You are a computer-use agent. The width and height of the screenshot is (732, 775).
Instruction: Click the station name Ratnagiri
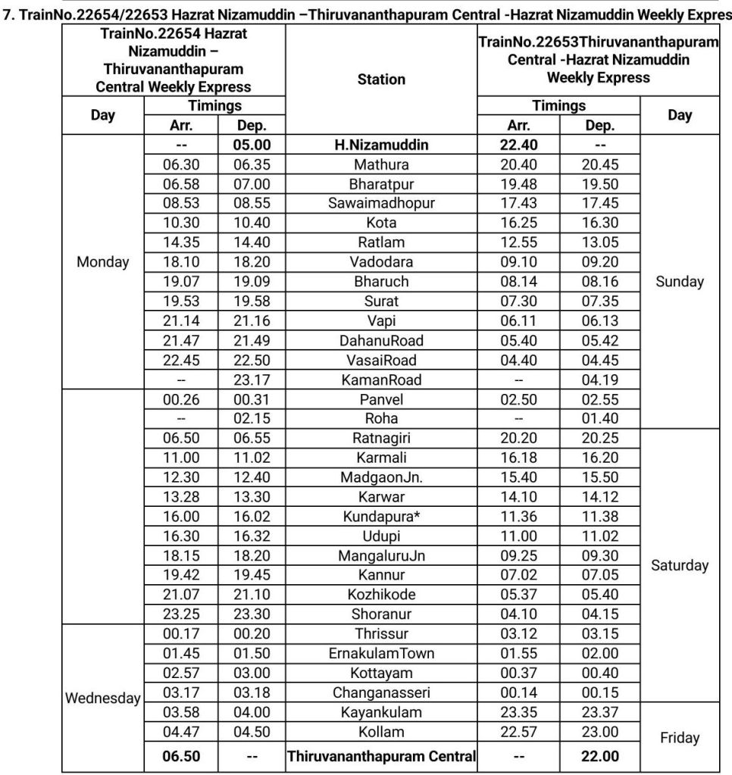[380, 438]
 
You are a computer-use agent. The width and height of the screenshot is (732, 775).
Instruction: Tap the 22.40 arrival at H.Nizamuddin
[518, 145]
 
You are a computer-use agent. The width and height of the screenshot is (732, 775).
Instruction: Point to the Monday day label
[103, 262]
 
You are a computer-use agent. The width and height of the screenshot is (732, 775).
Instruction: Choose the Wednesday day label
[103, 698]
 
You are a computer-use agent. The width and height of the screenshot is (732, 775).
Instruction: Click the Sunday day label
[680, 282]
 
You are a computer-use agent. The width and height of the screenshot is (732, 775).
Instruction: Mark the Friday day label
[680, 737]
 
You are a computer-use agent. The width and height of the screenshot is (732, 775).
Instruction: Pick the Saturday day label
[680, 565]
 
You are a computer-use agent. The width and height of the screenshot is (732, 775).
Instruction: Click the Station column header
[380, 79]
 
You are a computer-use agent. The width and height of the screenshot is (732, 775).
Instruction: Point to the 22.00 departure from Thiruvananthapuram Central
[599, 756]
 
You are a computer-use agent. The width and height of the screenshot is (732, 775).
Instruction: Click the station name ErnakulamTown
[380, 653]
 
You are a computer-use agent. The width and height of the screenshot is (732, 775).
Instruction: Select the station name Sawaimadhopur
[380, 203]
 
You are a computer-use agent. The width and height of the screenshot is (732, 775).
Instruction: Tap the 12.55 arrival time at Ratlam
[518, 242]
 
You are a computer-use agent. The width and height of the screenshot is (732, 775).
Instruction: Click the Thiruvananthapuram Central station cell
[380, 756]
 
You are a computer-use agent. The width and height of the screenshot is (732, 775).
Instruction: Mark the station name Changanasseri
[380, 692]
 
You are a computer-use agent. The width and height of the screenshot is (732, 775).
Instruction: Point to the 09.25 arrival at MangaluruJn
[518, 555]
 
